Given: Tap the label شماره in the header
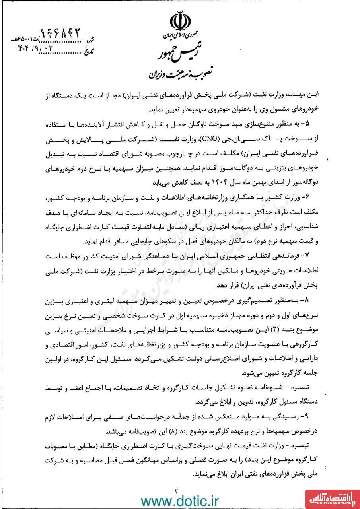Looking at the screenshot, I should [x=91, y=40].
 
